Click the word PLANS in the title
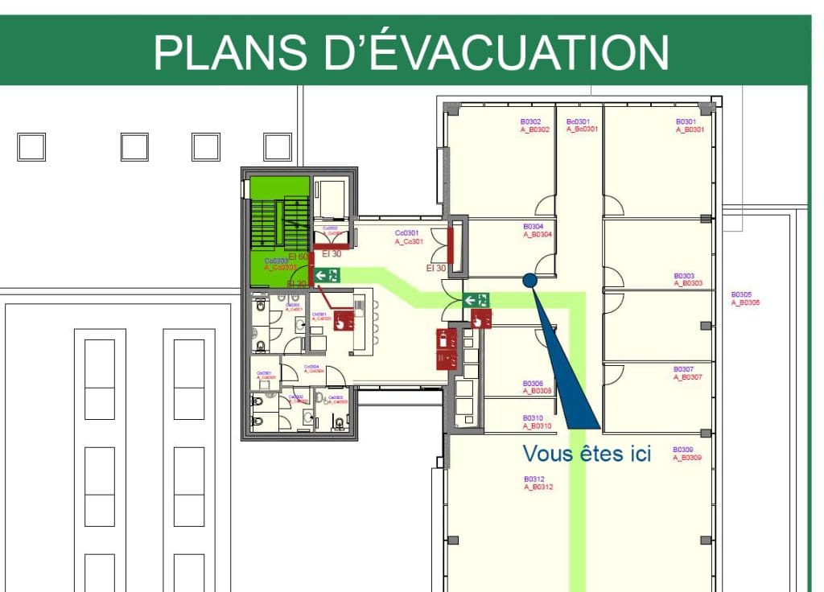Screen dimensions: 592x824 pos(225,52)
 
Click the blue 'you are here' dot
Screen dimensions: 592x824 pos(529,280)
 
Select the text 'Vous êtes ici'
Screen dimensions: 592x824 pos(587,454)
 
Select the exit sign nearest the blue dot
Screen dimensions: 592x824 pos(476,300)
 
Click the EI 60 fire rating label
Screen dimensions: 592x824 pos(299,257)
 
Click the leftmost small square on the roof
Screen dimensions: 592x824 pos(31,147)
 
